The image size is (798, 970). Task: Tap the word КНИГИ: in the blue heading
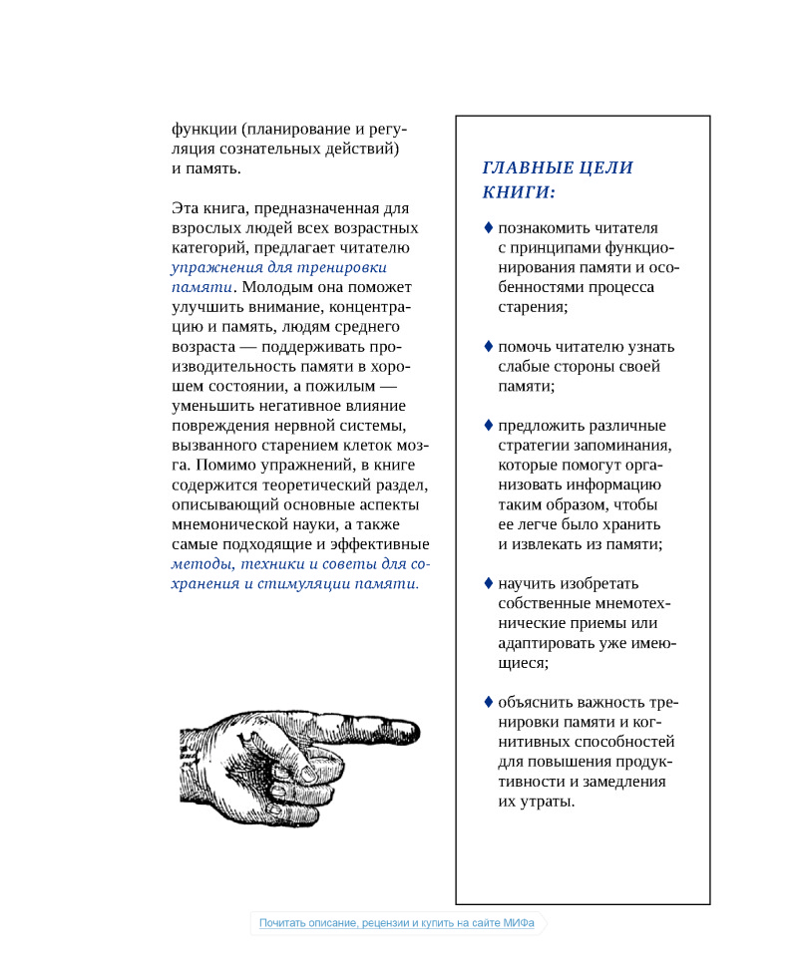(x=519, y=191)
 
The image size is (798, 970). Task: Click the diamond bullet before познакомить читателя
(x=489, y=227)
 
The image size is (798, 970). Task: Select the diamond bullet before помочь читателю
(x=489, y=346)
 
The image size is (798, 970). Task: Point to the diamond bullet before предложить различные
(x=489, y=425)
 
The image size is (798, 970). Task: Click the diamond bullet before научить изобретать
(x=489, y=582)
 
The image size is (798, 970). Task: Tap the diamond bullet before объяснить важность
(x=489, y=701)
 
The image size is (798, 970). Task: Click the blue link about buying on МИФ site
(x=397, y=923)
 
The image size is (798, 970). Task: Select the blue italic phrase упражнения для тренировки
(x=278, y=267)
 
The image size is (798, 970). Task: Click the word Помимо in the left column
(x=221, y=465)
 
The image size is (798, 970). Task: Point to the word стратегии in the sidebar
(x=536, y=445)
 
